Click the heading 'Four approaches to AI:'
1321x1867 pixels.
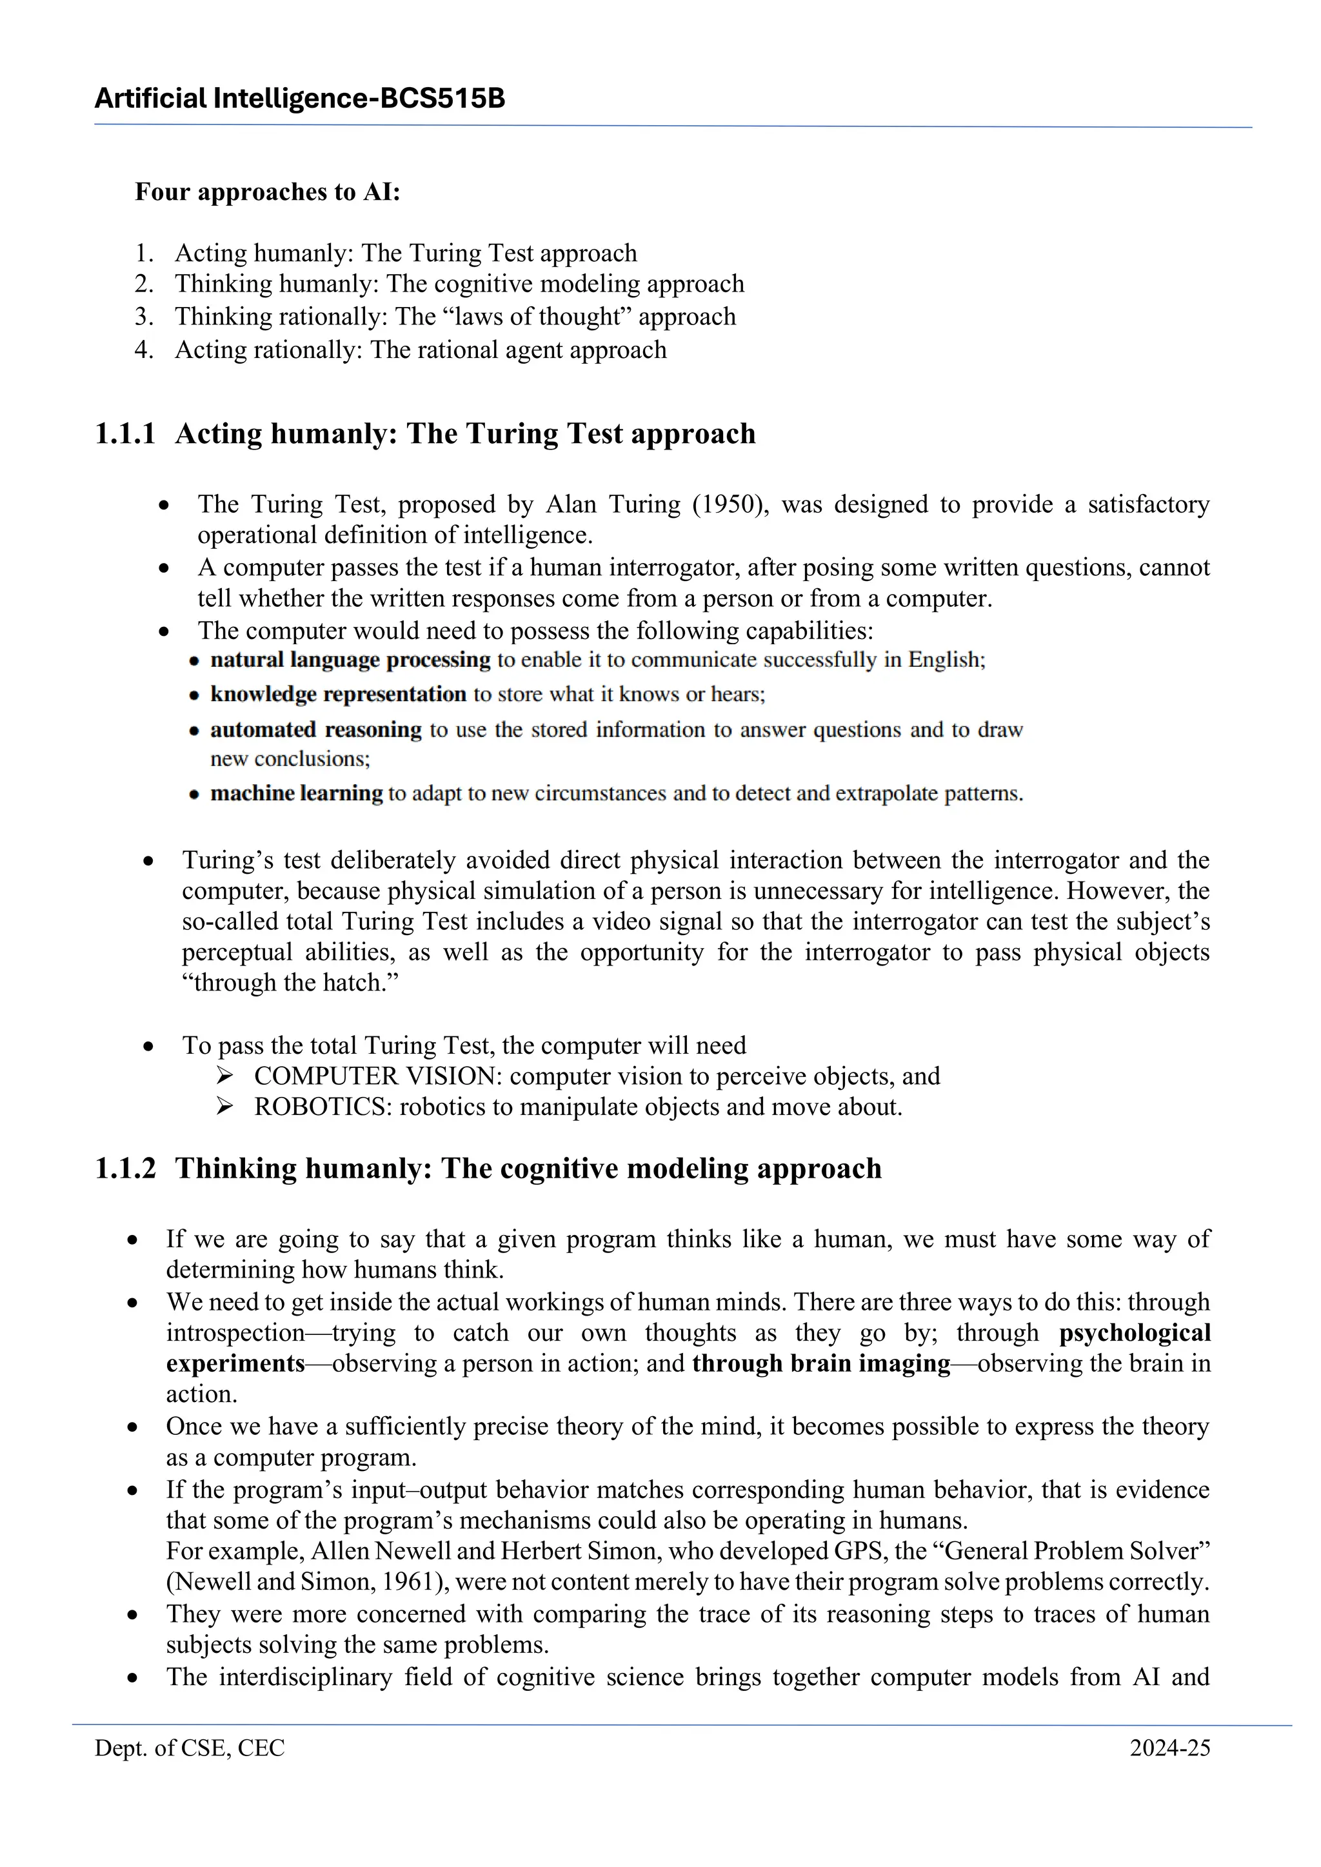(268, 192)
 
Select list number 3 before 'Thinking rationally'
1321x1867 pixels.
(144, 316)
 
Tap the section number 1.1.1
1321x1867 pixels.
(125, 433)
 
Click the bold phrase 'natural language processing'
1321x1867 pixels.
(350, 660)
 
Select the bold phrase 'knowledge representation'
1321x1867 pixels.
(337, 695)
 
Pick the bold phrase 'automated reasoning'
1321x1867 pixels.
(315, 729)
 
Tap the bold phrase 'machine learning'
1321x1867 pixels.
(296, 793)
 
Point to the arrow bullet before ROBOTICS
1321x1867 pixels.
(225, 1107)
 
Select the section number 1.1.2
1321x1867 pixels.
(125, 1169)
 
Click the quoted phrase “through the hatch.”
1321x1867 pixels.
(290, 982)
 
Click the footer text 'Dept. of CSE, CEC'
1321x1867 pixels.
(190, 1748)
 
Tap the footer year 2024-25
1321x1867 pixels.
(1169, 1748)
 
